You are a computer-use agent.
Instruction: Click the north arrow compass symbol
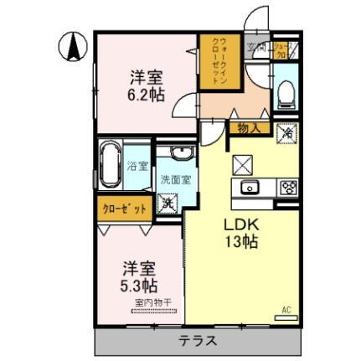pyautogui.click(x=74, y=46)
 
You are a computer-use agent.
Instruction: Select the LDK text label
pyautogui.click(x=239, y=224)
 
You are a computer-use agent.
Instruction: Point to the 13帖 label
pyautogui.click(x=239, y=241)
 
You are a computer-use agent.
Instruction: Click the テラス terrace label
pyautogui.click(x=199, y=341)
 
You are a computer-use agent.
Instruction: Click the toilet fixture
pyautogui.click(x=286, y=92)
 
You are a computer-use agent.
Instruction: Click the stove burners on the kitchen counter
pyautogui.click(x=288, y=186)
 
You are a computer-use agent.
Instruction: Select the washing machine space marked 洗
pyautogui.click(x=168, y=202)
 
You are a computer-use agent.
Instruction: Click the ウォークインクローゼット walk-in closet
pyautogui.click(x=221, y=61)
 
